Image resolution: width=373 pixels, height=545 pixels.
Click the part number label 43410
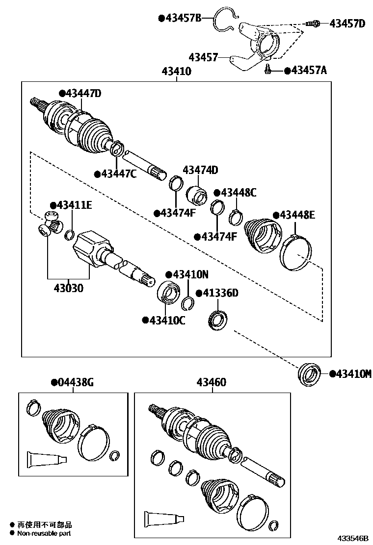click(176, 72)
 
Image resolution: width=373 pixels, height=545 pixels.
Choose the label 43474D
click(200, 170)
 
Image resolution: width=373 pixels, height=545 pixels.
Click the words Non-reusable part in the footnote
click(44, 533)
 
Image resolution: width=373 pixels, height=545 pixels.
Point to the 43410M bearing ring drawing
click(310, 373)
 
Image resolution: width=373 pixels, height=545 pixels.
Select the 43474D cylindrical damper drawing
click(198, 195)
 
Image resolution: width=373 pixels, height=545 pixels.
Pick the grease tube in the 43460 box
click(164, 519)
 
